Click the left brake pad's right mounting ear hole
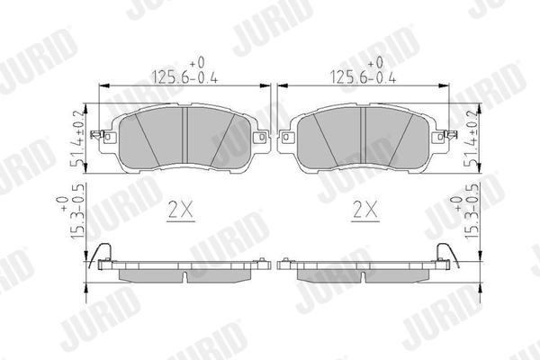(261, 139)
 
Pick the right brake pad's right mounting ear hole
(439, 139)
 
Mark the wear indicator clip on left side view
(102, 255)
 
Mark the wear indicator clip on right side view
(443, 255)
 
